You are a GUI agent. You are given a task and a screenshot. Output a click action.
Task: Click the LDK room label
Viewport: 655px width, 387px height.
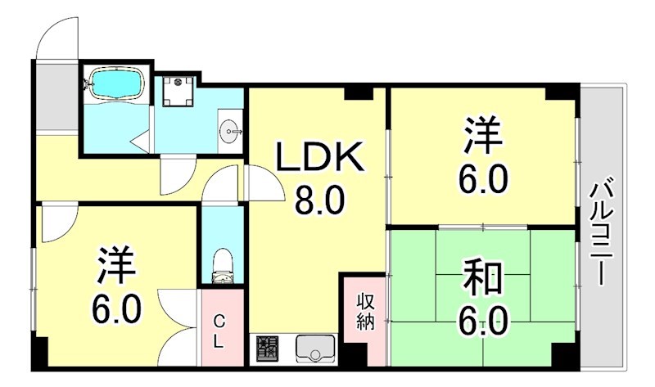click(319, 158)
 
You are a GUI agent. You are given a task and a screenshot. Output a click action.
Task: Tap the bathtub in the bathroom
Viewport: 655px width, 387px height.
click(115, 83)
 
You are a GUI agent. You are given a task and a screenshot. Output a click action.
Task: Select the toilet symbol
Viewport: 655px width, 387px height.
click(222, 264)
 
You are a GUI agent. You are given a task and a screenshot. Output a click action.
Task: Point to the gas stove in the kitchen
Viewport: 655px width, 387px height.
click(267, 349)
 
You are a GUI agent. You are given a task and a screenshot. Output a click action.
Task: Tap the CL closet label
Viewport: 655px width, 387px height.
click(219, 332)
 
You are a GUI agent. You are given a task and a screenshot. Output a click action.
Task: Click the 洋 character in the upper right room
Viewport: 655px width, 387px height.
click(482, 137)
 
